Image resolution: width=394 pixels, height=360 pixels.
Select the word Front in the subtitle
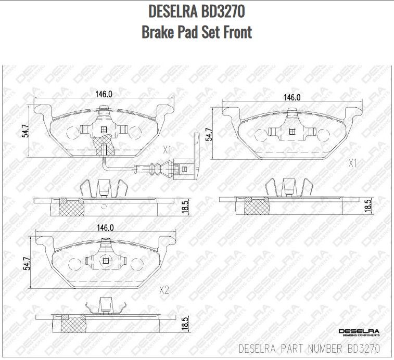pyautogui.click(x=235, y=32)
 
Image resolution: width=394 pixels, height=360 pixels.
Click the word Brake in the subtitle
pyautogui.click(x=159, y=32)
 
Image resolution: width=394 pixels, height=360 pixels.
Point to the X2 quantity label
pyautogui.click(x=164, y=290)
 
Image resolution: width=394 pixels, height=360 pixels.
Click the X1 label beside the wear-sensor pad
pyautogui.click(x=167, y=150)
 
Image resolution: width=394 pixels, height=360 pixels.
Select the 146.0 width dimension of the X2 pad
pyautogui.click(x=104, y=227)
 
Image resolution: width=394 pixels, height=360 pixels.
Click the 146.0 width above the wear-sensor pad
pyautogui.click(x=104, y=94)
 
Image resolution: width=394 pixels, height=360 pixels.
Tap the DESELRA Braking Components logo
pyautogui.click(x=359, y=332)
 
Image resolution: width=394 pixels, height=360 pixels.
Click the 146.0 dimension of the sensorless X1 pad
pyautogui.click(x=292, y=97)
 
